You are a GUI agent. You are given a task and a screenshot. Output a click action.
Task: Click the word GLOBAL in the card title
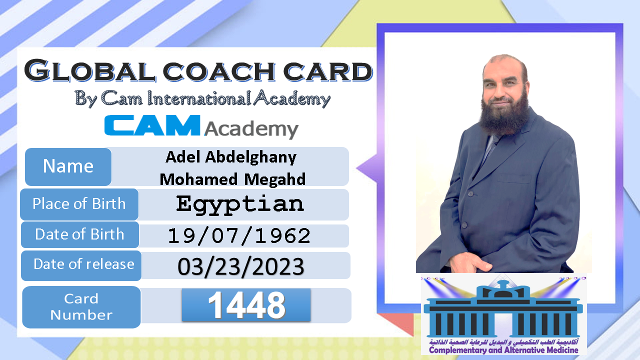tap(90, 70)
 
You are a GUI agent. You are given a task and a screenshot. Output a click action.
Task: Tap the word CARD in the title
tap(327, 71)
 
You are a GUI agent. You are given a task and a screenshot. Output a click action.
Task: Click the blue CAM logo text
tap(152, 125)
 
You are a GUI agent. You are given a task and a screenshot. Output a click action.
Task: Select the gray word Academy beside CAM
tap(251, 129)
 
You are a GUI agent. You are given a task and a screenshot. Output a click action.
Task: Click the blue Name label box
tap(68, 167)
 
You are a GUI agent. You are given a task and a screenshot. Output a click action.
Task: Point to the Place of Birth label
tap(79, 204)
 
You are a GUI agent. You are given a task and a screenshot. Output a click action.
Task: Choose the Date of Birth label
tap(79, 234)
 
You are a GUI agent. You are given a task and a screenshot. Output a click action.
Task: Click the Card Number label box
tap(81, 307)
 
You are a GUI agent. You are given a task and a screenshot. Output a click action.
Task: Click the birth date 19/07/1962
tap(239, 236)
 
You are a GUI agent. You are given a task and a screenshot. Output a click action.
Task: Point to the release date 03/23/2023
tap(241, 266)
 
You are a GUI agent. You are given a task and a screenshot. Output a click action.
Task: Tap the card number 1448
tap(246, 305)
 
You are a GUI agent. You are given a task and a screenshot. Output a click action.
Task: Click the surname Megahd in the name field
tap(274, 179)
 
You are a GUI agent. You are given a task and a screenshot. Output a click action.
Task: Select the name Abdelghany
tap(251, 157)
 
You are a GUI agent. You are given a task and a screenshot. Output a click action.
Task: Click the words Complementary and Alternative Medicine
tap(503, 350)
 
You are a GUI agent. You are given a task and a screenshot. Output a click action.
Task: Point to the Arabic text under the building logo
tap(503, 342)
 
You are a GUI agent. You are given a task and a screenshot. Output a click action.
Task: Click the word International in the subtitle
tap(199, 98)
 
